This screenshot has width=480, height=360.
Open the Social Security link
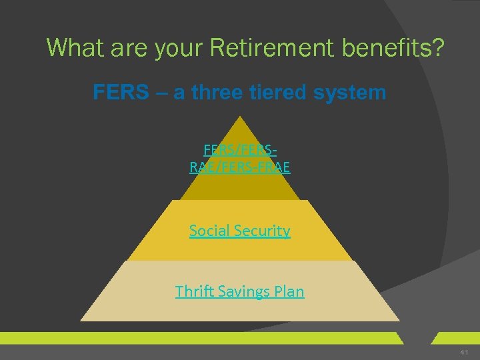tap(239, 231)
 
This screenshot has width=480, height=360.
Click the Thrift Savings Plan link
tap(239, 291)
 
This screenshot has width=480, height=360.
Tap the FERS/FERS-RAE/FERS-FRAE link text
tap(239, 159)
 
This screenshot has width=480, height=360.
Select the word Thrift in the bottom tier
tap(193, 291)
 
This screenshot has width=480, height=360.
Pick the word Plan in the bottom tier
tap(289, 291)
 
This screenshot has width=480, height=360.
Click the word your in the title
tap(182, 47)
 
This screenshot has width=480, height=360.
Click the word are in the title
tap(127, 47)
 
